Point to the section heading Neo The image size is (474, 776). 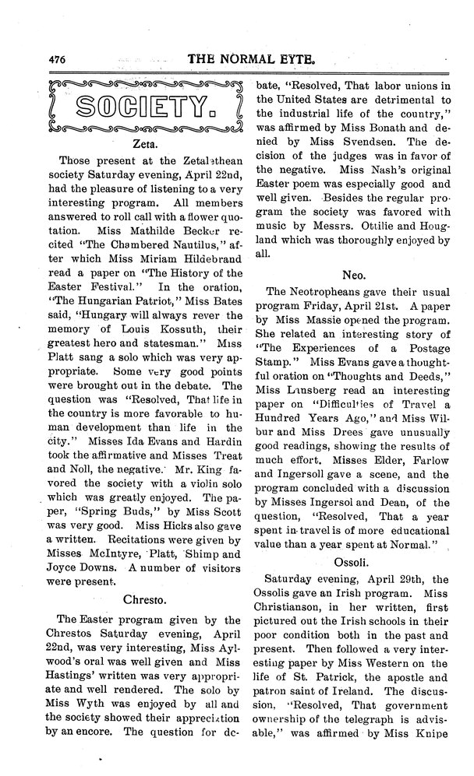355,275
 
